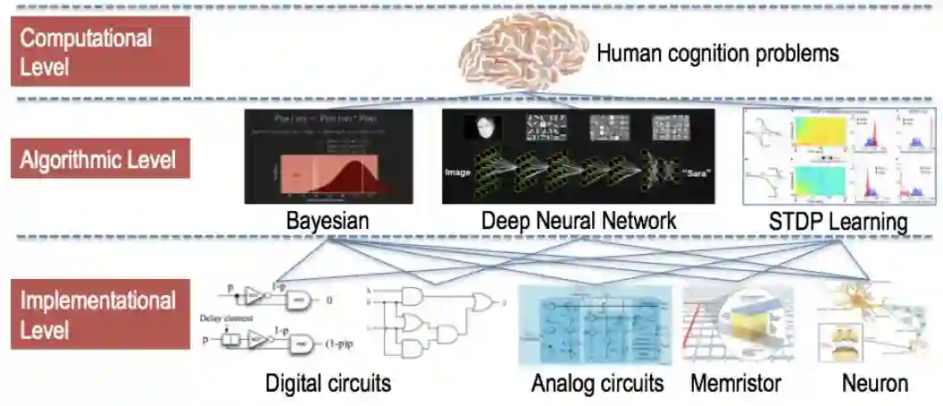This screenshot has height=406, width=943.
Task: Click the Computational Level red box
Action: click(100, 51)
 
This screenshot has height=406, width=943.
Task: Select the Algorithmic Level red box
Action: click(100, 162)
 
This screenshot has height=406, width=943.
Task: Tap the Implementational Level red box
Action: click(100, 314)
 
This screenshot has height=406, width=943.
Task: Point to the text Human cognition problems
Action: click(717, 54)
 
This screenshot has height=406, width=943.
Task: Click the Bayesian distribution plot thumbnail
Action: click(328, 156)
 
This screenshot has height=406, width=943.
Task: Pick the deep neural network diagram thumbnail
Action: click(579, 156)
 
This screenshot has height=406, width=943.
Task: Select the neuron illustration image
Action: click(874, 326)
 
